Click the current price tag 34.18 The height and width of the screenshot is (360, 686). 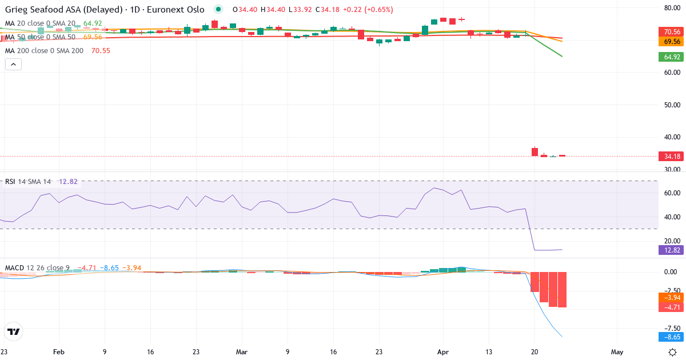pos(668,157)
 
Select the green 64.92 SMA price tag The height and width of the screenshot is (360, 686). pos(668,57)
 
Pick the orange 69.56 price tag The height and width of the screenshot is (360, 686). pos(668,42)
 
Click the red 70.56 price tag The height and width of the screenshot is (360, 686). pos(668,31)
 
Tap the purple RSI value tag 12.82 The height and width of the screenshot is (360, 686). pos(668,250)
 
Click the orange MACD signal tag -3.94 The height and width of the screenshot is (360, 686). pos(668,298)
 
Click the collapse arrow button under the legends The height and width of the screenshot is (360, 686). pos(13,64)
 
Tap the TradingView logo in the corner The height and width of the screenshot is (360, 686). pos(13,331)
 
